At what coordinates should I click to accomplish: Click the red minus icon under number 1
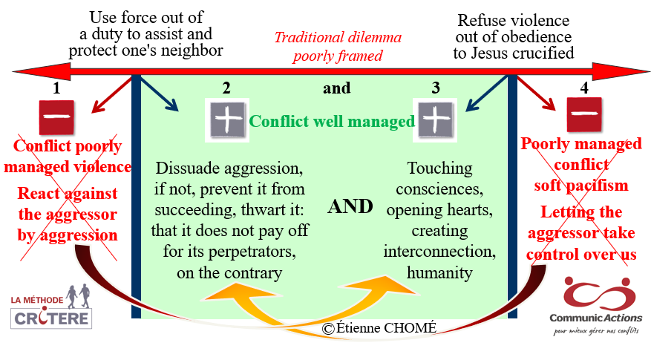(x=56, y=117)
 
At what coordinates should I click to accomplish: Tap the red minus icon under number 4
(x=584, y=114)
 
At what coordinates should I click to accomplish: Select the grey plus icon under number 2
(x=227, y=120)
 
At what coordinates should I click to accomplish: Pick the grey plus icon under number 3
(x=435, y=120)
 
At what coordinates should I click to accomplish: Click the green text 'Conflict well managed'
(x=332, y=121)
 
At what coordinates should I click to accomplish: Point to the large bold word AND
(x=350, y=206)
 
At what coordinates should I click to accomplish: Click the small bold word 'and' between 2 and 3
(x=337, y=88)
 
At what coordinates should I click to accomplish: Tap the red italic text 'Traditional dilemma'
(x=338, y=37)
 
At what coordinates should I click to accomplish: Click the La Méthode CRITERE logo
(x=51, y=307)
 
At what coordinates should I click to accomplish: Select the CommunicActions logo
(x=596, y=306)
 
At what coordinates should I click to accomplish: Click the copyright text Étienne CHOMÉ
(x=379, y=328)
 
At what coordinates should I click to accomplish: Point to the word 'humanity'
(x=439, y=273)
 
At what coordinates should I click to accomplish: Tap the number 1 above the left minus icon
(x=56, y=88)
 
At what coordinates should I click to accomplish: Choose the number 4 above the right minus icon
(x=584, y=88)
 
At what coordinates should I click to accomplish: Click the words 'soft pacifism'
(x=580, y=185)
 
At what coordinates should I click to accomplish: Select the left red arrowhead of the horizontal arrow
(x=42, y=72)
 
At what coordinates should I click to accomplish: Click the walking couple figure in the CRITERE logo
(x=79, y=296)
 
